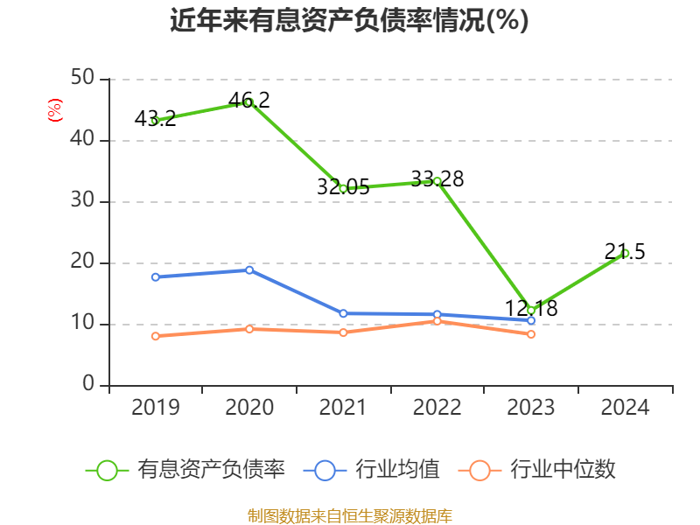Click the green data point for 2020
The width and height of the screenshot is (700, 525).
[249, 102]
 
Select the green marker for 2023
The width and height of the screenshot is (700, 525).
[531, 310]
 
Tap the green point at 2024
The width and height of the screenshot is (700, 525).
[625, 253]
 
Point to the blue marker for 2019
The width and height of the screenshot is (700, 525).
[155, 277]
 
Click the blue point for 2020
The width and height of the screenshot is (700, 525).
[249, 270]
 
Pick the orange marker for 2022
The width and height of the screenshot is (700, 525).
[437, 321]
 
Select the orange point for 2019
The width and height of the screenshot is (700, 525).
[155, 336]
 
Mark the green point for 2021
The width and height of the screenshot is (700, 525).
[343, 188]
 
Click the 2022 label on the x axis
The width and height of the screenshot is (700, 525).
[437, 408]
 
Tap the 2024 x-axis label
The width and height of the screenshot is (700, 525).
[625, 408]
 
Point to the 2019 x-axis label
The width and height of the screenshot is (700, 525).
[155, 408]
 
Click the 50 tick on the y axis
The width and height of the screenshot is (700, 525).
[83, 79]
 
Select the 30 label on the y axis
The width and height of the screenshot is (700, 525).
[83, 201]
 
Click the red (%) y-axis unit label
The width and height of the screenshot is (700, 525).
[54, 110]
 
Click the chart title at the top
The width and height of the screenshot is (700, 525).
[349, 21]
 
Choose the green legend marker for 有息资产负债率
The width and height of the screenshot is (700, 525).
[107, 470]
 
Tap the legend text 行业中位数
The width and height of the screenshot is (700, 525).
[563, 470]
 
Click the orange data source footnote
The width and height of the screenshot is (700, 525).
[349, 515]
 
